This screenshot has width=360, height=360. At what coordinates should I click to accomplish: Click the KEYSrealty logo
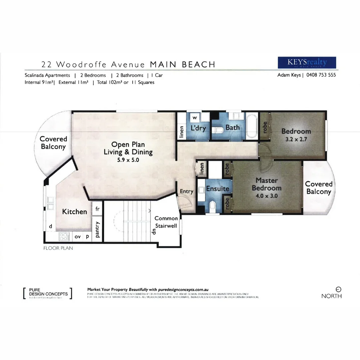tap(307, 63)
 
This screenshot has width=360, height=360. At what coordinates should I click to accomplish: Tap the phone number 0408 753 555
tap(319, 75)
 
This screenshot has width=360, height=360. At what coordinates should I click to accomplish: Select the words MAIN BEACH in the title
tap(182, 64)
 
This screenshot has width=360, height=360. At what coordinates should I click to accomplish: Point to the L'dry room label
tap(198, 128)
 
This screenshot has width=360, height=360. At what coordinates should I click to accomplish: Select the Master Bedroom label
tap(267, 184)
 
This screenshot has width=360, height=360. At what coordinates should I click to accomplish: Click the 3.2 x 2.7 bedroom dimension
tap(296, 139)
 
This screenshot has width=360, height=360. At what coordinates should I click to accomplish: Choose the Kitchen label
tap(75, 212)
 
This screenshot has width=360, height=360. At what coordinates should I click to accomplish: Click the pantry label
tap(97, 230)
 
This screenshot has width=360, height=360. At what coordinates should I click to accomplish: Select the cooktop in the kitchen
tap(63, 236)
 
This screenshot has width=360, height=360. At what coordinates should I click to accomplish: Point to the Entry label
tap(186, 191)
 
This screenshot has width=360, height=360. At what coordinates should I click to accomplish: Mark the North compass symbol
tap(338, 290)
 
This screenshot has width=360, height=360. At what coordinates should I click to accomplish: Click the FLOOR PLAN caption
tap(58, 248)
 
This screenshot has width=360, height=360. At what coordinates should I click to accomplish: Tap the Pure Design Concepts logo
tap(48, 293)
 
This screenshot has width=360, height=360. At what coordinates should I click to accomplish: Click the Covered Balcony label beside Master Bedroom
tap(319, 188)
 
